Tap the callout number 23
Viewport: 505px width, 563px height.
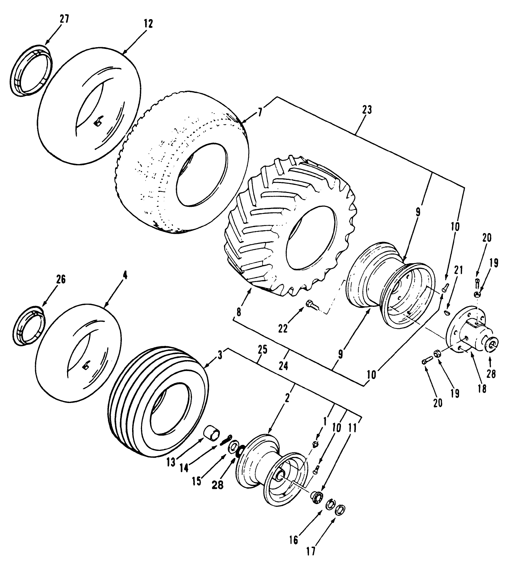tap(367, 110)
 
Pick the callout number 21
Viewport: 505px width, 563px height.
tap(458, 271)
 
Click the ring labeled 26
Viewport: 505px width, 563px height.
tap(30, 325)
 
